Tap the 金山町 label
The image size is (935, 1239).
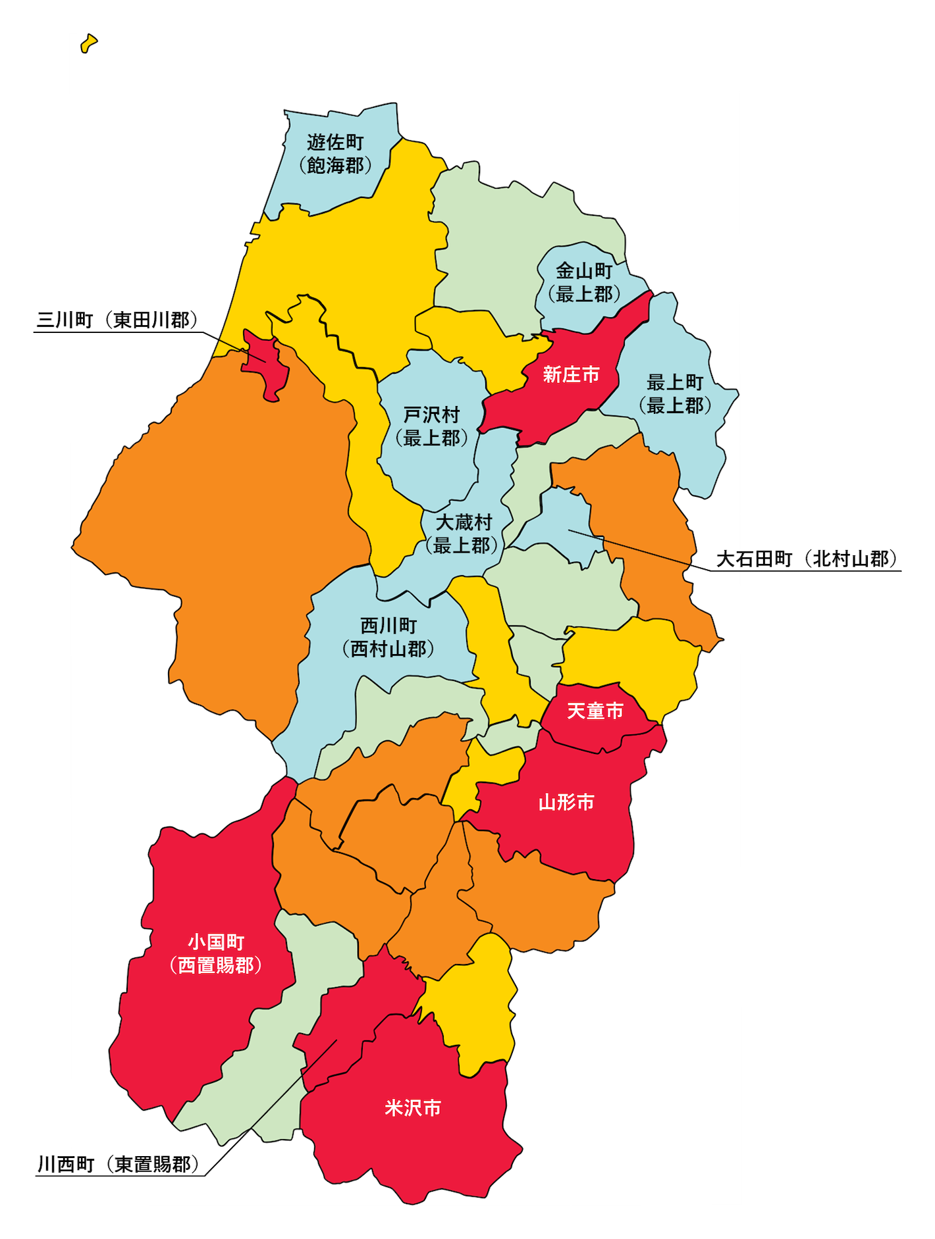click(584, 271)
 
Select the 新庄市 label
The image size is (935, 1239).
click(571, 375)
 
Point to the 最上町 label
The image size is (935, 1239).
click(675, 382)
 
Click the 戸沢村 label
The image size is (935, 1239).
click(431, 415)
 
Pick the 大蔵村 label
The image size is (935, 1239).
click(464, 522)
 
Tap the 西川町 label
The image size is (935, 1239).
click(388, 626)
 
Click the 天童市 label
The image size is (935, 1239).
click(595, 711)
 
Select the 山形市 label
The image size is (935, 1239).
click(566, 802)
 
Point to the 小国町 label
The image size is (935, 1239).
click(216, 942)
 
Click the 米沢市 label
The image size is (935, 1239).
click(413, 1108)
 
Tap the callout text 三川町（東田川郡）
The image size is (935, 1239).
click(117, 320)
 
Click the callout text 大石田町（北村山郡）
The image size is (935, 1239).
click(807, 559)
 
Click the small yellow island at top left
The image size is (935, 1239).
click(88, 44)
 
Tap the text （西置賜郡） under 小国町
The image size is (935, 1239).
click(216, 965)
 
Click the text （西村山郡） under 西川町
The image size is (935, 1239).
click(388, 649)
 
